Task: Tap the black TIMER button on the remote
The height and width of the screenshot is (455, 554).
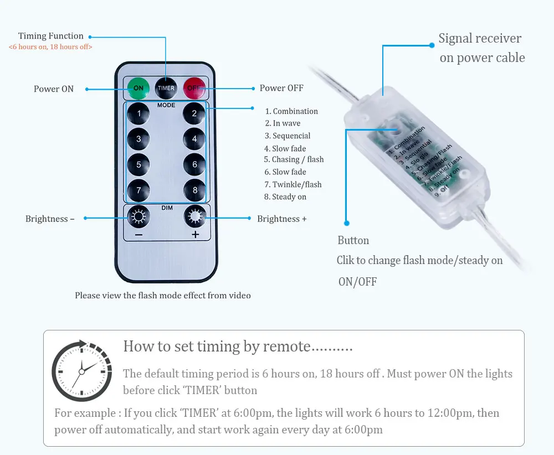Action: (x=166, y=87)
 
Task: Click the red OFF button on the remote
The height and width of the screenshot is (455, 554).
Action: (x=194, y=87)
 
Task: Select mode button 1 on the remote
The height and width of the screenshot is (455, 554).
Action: (x=138, y=114)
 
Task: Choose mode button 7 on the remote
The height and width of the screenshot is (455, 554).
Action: (x=138, y=190)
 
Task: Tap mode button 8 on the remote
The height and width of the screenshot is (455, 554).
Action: (x=194, y=190)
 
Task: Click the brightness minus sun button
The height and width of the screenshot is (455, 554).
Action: (x=138, y=216)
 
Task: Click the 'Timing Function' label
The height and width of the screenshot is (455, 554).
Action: (x=51, y=36)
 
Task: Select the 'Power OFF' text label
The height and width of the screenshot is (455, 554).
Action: (x=281, y=88)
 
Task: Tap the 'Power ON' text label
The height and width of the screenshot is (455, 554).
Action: (x=54, y=89)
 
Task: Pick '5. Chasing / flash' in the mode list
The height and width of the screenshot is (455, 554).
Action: (x=294, y=159)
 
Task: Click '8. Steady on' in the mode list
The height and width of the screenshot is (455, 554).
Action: (x=285, y=197)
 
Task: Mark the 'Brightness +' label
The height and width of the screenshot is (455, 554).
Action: (x=281, y=219)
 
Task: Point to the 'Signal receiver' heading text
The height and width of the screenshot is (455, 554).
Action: (x=480, y=38)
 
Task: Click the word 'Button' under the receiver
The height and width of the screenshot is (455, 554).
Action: (x=353, y=240)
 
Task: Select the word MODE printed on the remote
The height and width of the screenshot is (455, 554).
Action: (x=166, y=105)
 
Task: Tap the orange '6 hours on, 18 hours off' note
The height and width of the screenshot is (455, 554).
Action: (x=50, y=47)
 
